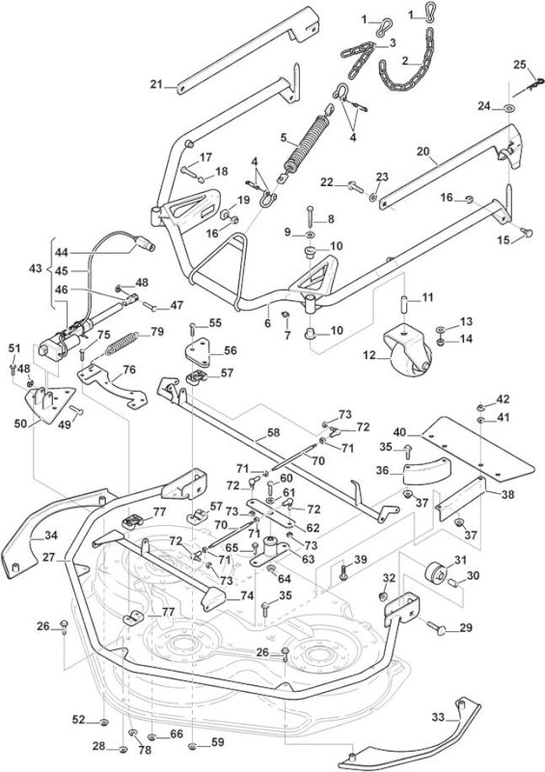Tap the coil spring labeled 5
(x=305, y=144)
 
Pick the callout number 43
(x=36, y=269)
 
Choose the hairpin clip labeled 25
(x=529, y=87)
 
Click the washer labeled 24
(x=508, y=107)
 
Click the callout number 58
(x=273, y=432)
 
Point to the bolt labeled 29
(x=438, y=627)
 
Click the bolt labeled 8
(x=311, y=215)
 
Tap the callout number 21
(x=156, y=84)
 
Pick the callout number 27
(x=49, y=558)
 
